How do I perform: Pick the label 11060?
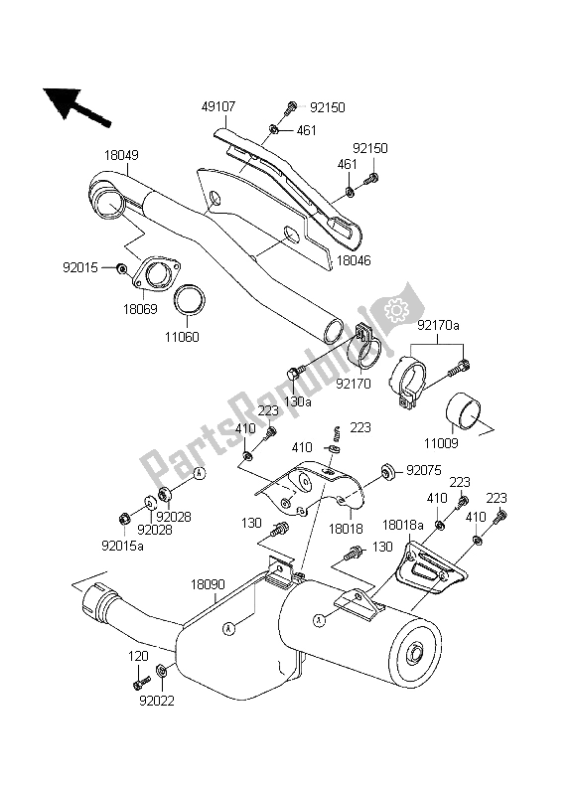(x=185, y=337)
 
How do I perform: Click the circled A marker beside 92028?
(x=199, y=473)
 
